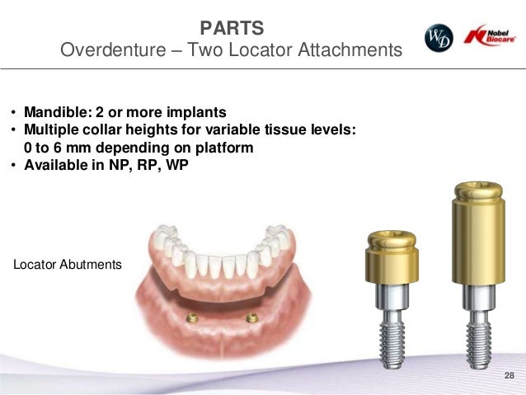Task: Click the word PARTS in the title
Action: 232,28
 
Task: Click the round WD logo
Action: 439,38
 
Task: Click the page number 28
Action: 508,376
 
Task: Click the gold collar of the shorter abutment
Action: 389,262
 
